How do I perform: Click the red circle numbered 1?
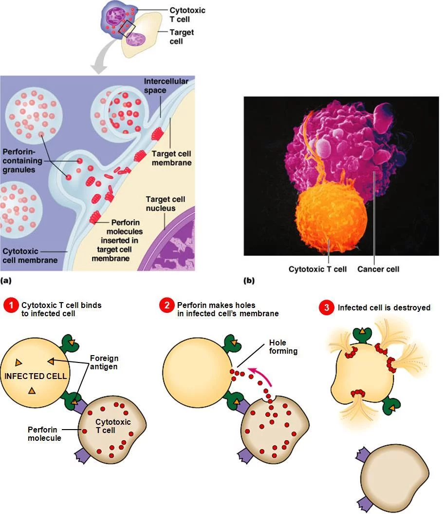click(11, 305)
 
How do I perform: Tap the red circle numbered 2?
click(166, 305)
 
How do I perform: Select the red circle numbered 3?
click(327, 307)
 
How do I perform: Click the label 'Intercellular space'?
click(166, 86)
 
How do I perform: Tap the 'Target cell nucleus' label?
click(165, 203)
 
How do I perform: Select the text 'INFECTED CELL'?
click(36, 376)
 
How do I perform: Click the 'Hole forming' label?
click(283, 347)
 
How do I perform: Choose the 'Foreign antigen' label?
click(104, 362)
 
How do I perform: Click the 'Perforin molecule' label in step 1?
click(44, 433)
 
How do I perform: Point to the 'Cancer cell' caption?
click(378, 269)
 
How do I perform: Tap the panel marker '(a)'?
click(6, 281)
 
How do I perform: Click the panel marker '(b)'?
click(249, 281)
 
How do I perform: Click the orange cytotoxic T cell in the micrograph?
click(331, 218)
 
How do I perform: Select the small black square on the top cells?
click(127, 28)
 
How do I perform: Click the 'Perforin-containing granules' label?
click(22, 161)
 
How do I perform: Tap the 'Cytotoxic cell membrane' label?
click(30, 256)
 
